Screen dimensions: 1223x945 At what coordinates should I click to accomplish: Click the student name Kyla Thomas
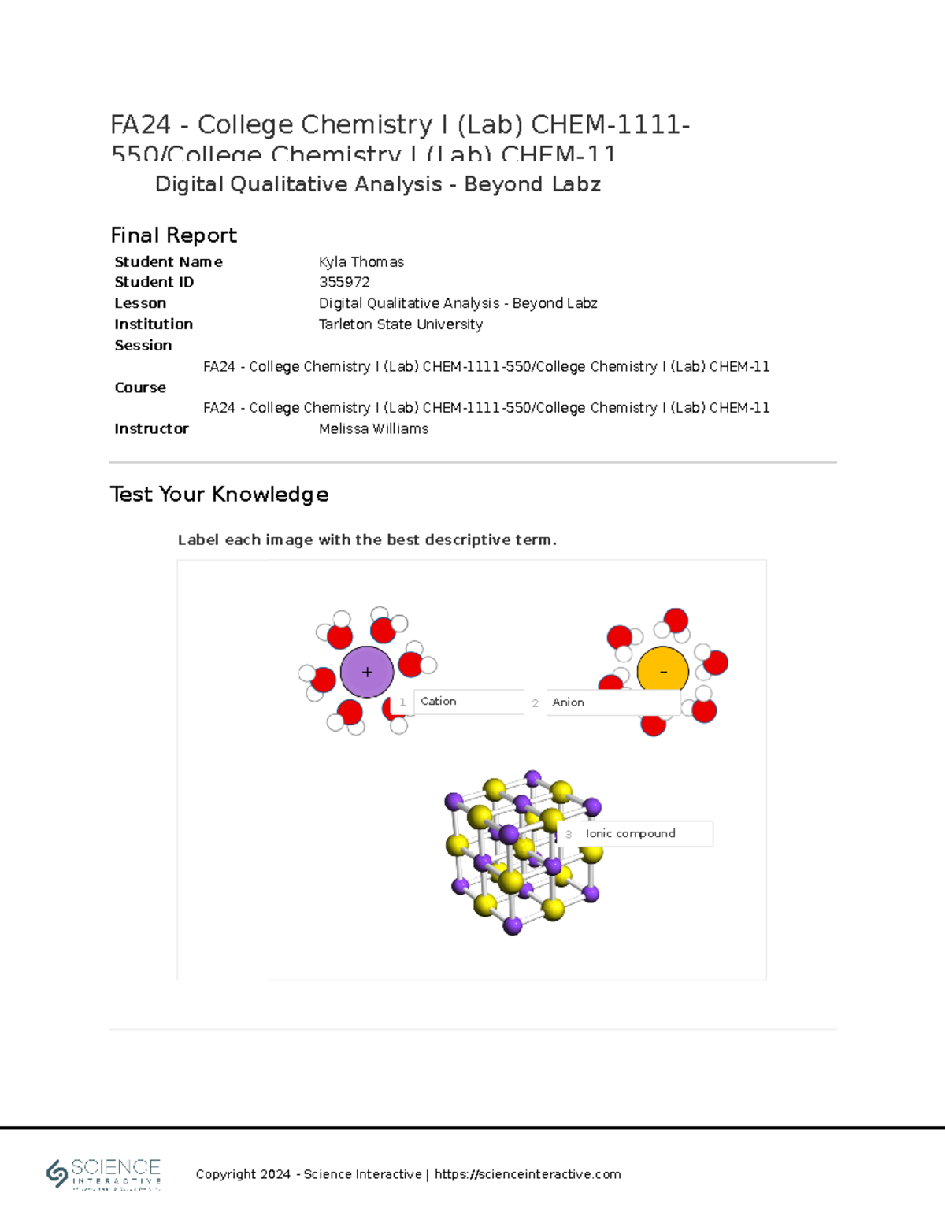(361, 261)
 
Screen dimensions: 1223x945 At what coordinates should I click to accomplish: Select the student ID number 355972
(344, 282)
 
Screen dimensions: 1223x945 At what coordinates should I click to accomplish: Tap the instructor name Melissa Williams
(373, 428)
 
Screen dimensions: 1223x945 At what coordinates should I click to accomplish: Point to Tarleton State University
(400, 324)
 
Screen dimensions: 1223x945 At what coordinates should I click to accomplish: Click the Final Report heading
(173, 235)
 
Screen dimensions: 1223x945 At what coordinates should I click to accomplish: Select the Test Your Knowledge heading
(219, 494)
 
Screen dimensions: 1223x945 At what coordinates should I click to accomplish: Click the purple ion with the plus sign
(366, 672)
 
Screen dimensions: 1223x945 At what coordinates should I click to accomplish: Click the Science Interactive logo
(104, 1173)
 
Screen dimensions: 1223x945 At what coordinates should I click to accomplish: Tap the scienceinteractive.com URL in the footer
(528, 1174)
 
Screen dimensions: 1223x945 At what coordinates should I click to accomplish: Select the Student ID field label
(154, 282)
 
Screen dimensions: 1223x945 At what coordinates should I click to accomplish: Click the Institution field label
(153, 324)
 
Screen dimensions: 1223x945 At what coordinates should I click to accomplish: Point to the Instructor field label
(151, 428)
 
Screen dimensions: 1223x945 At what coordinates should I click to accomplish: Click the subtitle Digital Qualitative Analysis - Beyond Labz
(378, 184)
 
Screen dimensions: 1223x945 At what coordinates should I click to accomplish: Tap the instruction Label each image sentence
(367, 539)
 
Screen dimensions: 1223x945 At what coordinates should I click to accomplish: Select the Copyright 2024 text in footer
(243, 1174)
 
